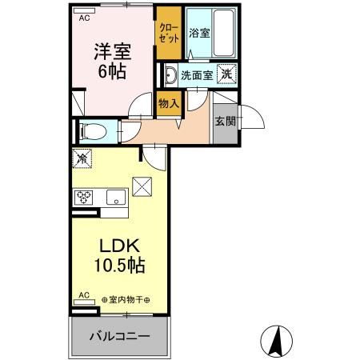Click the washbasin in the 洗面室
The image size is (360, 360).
tap(170, 76)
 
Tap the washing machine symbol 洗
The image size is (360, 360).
tap(227, 74)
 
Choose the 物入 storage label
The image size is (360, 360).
tap(167, 103)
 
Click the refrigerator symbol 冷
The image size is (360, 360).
tap(82, 158)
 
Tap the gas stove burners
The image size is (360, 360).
tap(83, 197)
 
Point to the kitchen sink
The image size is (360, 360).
tap(112, 197)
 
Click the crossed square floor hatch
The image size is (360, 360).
tap(142, 185)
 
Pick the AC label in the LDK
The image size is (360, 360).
tap(83, 295)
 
